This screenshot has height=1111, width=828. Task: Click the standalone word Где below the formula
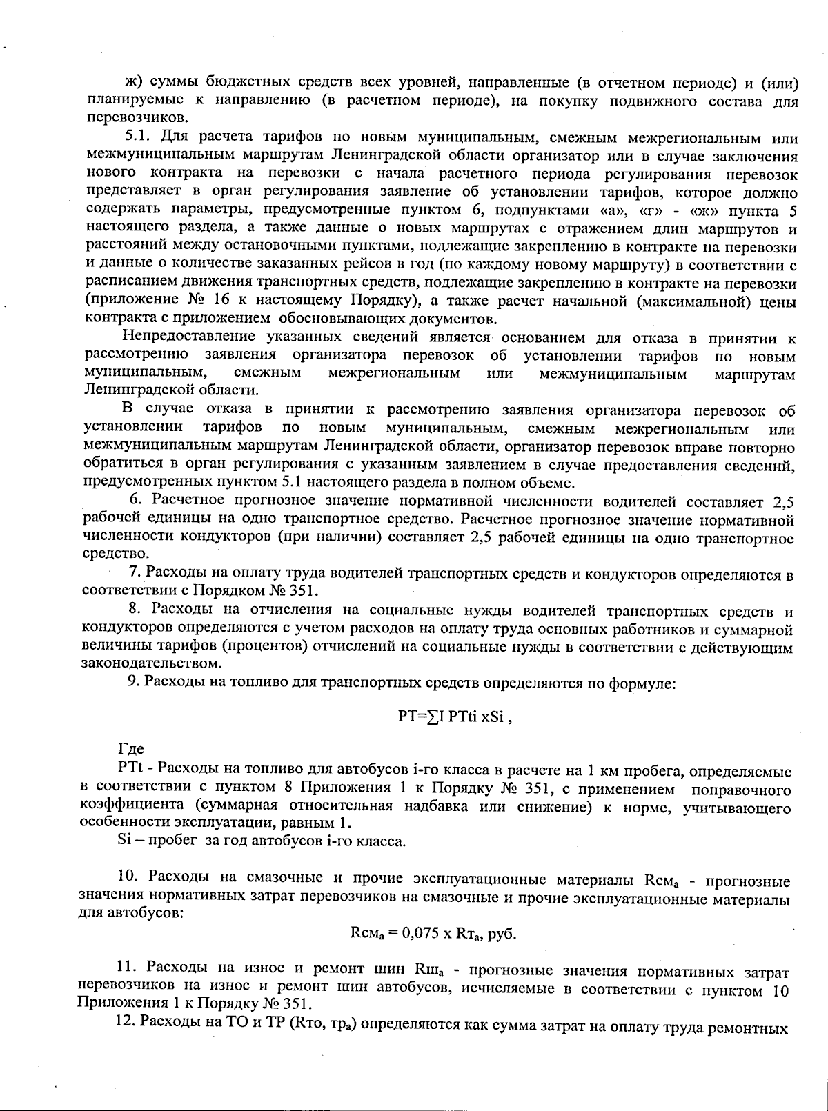131,750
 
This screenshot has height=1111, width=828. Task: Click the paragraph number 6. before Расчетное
144,500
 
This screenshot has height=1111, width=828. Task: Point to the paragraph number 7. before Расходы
135,573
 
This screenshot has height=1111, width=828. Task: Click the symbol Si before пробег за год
124,842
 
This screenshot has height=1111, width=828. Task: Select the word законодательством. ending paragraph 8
152,664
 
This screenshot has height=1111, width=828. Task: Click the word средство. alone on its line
115,554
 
